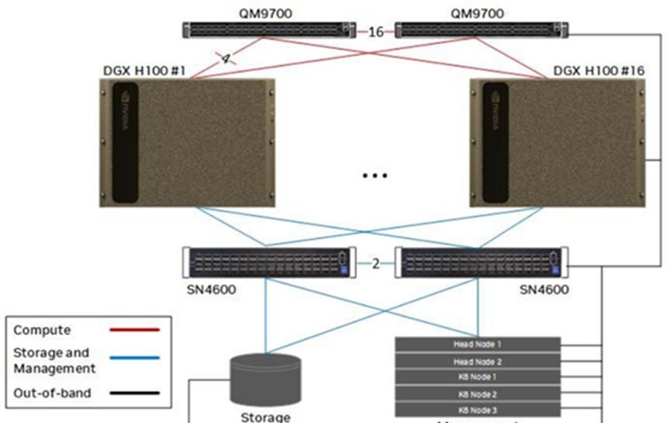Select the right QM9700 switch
click(481, 31)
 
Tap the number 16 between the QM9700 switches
click(376, 32)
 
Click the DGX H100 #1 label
click(144, 71)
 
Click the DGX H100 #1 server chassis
click(189, 144)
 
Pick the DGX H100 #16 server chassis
click(559, 144)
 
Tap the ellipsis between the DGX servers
click(374, 175)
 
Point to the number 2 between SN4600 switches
click(375, 263)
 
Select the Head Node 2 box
click(477, 361)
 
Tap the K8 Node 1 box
click(477, 376)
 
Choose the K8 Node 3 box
click(477, 409)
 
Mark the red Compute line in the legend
click(134, 330)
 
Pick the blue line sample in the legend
click(134, 359)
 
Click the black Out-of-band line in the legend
click(134, 393)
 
